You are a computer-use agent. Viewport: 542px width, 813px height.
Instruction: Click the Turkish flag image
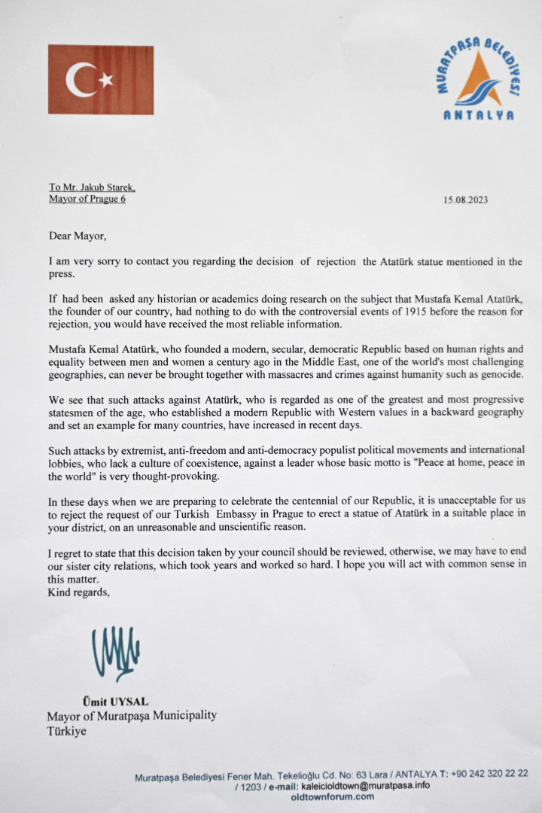[x=101, y=80]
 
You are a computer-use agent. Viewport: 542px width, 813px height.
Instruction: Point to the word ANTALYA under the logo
[x=479, y=115]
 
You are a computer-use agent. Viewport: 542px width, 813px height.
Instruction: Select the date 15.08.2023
[x=472, y=200]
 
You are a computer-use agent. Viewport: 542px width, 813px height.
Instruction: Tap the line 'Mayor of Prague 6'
[x=87, y=199]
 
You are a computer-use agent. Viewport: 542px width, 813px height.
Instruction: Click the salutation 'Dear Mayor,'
[x=78, y=236]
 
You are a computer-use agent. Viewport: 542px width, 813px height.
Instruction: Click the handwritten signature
[x=115, y=652]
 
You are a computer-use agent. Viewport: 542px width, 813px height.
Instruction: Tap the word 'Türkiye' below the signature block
[x=66, y=730]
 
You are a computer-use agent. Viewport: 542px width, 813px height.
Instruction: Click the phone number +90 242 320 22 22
[x=489, y=773]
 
